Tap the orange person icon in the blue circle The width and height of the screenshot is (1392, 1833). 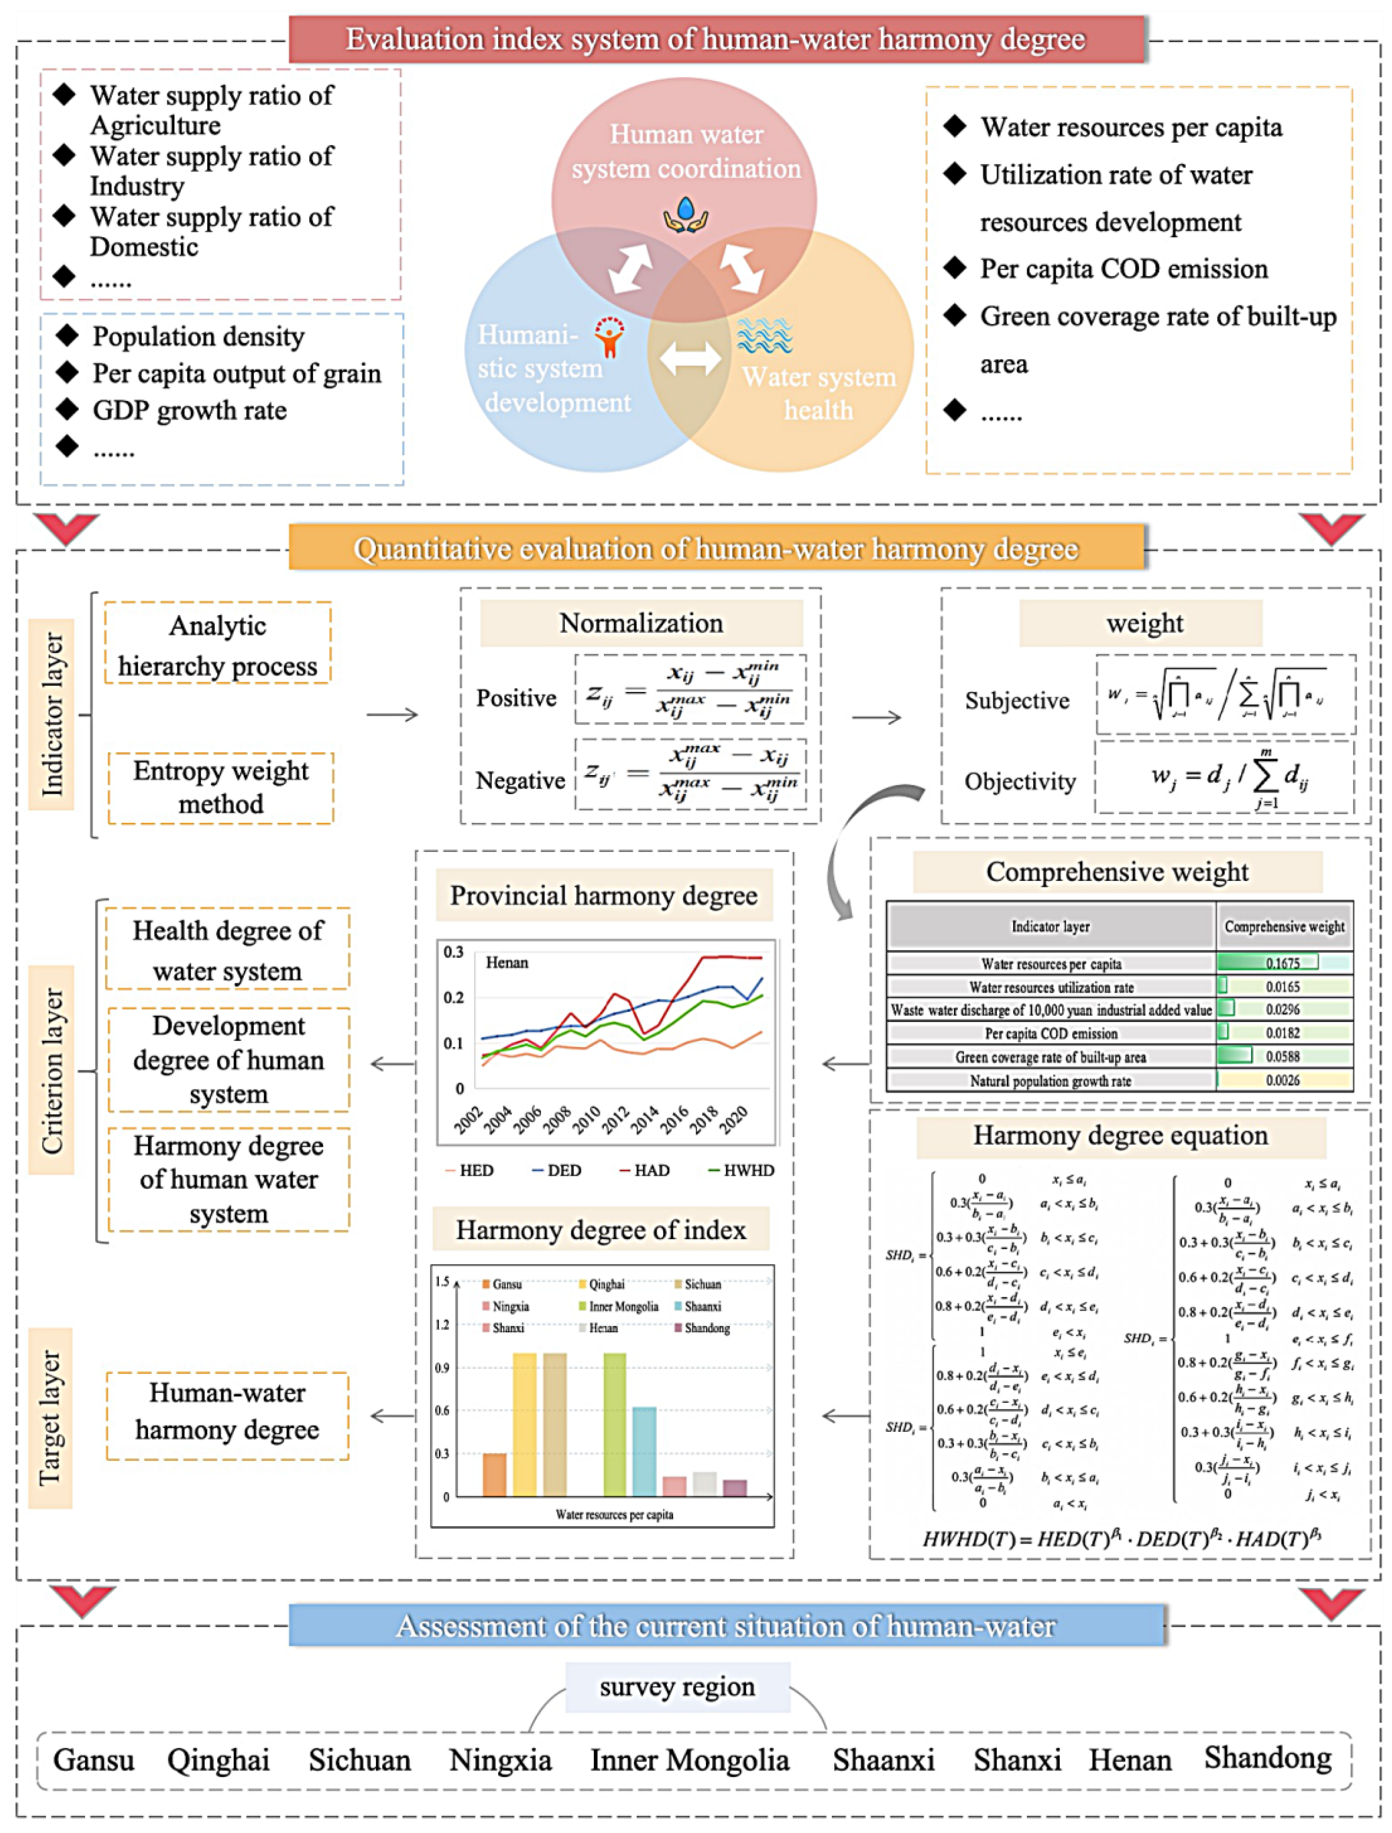[610, 337]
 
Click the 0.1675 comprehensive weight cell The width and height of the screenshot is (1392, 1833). [1283, 963]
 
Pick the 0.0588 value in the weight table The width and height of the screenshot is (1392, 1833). [1283, 1057]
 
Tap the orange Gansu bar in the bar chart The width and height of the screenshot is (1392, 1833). [495, 1475]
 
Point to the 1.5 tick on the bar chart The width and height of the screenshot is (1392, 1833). [442, 1282]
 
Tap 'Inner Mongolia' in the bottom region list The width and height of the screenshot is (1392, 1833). [689, 1760]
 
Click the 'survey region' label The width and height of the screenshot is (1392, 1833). [677, 1687]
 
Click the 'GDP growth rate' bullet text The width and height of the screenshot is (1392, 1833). [190, 410]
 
